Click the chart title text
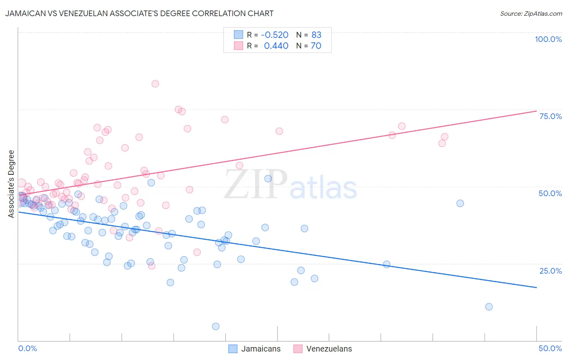click(x=139, y=13)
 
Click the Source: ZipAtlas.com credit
click(x=531, y=14)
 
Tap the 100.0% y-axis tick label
click(x=548, y=39)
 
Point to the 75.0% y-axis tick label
click(x=550, y=116)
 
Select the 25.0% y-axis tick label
click(x=550, y=270)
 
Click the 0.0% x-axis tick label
click(x=27, y=348)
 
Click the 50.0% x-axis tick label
click(x=550, y=348)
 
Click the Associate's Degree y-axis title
click(x=11, y=184)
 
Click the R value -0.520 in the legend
click(x=275, y=35)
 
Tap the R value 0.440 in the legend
click(x=276, y=46)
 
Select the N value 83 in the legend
click(x=316, y=35)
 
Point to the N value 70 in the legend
click(x=316, y=46)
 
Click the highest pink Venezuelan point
click(x=155, y=84)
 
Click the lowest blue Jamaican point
click(x=216, y=326)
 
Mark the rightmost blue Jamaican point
click(x=489, y=307)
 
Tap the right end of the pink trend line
click(x=536, y=111)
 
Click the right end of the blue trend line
click(x=536, y=287)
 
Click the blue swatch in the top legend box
click(x=238, y=35)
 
